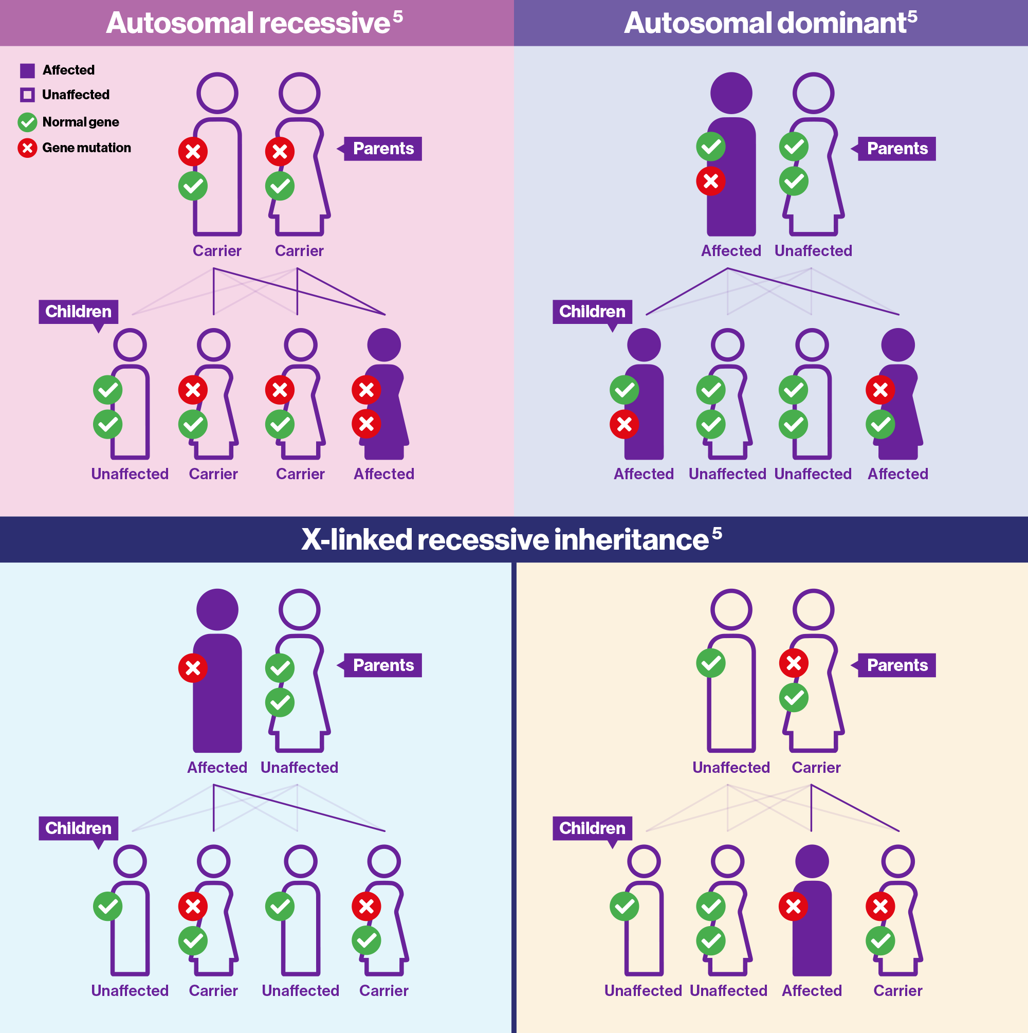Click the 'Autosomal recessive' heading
point(248,23)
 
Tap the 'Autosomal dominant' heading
point(765,23)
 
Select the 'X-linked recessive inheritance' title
point(505,539)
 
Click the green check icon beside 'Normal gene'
point(27,122)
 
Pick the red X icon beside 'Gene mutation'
point(27,148)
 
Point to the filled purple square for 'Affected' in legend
point(27,70)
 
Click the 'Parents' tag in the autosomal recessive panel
point(383,149)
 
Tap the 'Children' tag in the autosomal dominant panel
point(592,312)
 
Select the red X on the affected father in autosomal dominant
point(710,182)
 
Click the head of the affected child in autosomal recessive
point(384,346)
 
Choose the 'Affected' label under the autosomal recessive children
point(384,474)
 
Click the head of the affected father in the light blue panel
point(217,609)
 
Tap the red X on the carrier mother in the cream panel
point(793,663)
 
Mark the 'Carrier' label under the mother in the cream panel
point(816,768)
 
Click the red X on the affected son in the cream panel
point(793,907)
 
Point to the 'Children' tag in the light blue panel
point(78,828)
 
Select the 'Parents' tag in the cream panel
point(896,665)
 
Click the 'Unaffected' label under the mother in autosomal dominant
point(813,251)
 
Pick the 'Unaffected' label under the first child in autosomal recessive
point(130,474)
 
